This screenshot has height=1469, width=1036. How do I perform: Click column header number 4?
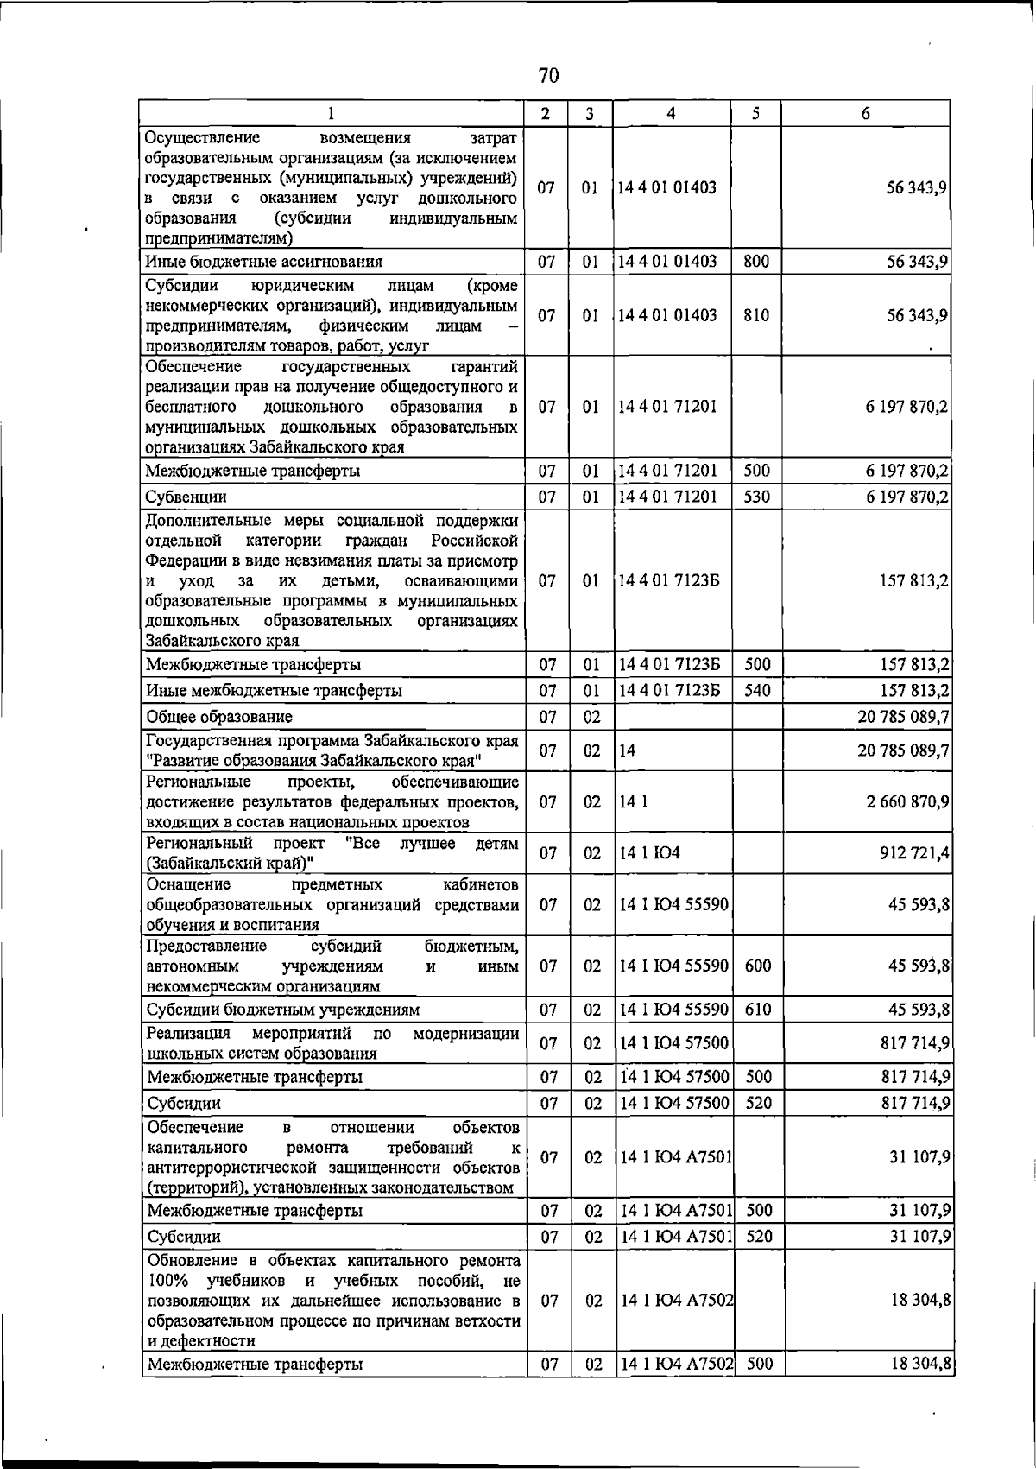click(671, 114)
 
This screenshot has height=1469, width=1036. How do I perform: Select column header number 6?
click(865, 114)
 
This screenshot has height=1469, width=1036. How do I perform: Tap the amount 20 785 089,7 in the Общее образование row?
click(904, 717)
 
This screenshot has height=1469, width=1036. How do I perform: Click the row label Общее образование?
click(219, 717)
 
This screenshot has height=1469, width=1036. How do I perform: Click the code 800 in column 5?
click(756, 261)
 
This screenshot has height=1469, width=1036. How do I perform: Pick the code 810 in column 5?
click(756, 315)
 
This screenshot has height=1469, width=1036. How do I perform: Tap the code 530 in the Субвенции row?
click(757, 497)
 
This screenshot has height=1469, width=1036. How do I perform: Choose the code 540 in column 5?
click(757, 690)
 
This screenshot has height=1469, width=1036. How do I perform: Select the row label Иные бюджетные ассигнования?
click(264, 261)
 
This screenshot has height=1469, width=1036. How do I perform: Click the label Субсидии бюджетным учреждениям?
click(283, 1009)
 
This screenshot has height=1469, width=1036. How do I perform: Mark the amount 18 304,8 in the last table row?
click(920, 1364)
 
